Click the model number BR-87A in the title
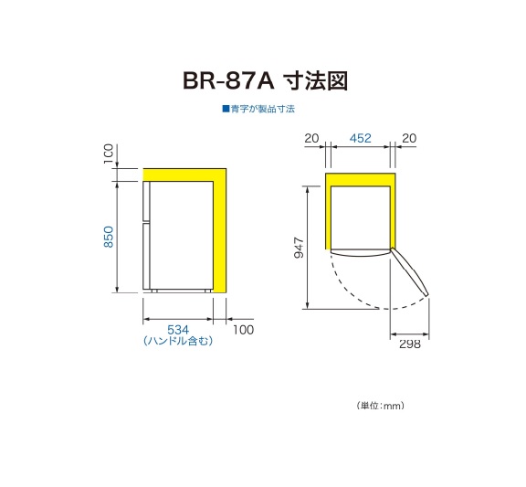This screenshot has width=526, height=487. tap(228, 81)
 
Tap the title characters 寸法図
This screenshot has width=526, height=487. tap(315, 81)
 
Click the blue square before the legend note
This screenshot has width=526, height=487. tap(226, 109)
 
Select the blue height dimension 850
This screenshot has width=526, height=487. tap(109, 237)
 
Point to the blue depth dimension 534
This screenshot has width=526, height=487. tap(178, 330)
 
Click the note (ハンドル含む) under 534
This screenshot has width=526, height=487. tap(178, 341)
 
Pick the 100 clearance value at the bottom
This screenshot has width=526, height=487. tap(243, 330)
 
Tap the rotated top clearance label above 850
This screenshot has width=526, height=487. tap(109, 154)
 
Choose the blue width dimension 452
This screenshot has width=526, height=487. tap(361, 138)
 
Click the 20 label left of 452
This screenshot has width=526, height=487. tap(311, 138)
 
